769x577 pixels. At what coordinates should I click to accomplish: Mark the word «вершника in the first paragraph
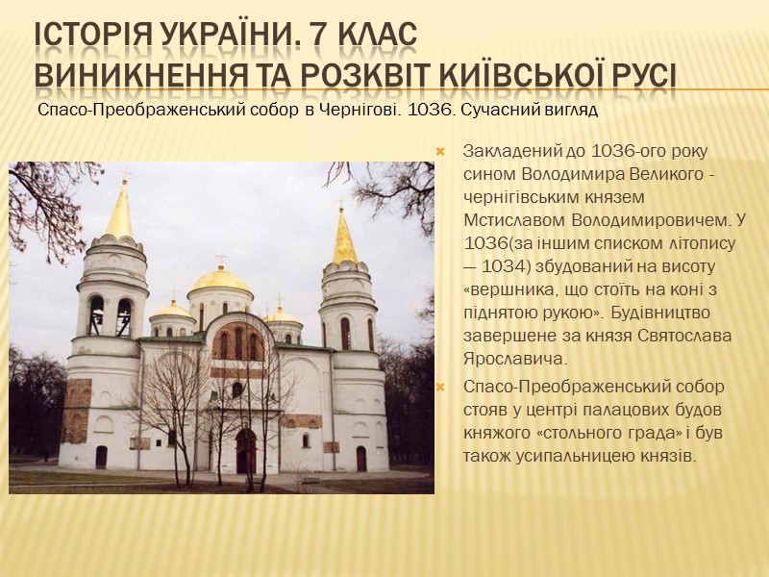[x=506, y=288]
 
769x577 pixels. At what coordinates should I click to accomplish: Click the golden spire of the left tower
[x=120, y=213]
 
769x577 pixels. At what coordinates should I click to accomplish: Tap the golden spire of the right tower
[x=344, y=238]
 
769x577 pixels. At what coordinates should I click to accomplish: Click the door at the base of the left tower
[x=101, y=456]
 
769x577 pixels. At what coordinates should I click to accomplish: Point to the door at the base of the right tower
[x=361, y=458]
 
